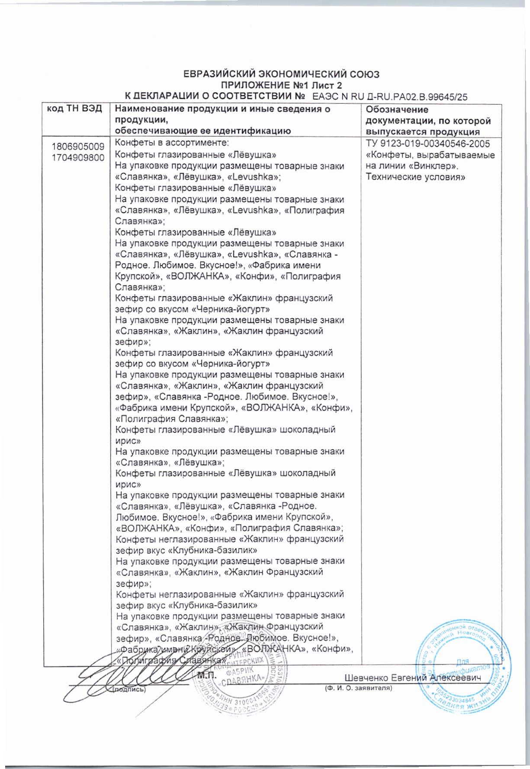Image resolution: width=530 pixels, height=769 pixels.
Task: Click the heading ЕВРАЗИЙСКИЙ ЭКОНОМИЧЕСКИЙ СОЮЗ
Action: (x=282, y=74)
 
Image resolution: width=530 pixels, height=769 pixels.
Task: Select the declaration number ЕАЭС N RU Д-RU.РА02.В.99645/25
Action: (x=390, y=97)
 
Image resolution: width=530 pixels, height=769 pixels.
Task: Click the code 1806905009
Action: (x=78, y=147)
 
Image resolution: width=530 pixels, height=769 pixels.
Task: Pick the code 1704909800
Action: (x=78, y=158)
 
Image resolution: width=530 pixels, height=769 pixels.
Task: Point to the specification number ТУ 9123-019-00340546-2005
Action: (x=427, y=144)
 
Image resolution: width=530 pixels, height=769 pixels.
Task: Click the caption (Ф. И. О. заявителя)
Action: (x=358, y=688)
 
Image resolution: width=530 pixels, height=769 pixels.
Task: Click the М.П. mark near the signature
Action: (x=206, y=675)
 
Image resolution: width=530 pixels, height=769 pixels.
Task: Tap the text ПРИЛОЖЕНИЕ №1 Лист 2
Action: (x=282, y=85)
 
